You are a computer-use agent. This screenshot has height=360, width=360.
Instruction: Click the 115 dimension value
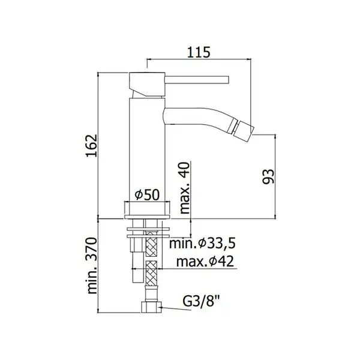[x=199, y=52]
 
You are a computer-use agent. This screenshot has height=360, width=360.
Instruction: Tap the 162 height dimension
[x=92, y=146]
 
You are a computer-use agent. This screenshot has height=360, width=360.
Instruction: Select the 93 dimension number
[x=268, y=176]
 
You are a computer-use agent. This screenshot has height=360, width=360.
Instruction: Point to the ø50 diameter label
[x=147, y=195]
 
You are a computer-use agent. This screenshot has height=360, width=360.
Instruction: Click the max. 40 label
[x=184, y=188]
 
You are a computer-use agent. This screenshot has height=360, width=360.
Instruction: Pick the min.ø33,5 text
[x=203, y=244]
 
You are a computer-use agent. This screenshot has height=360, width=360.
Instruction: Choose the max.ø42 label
[x=205, y=261]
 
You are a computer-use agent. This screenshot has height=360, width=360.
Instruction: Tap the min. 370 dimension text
[x=92, y=266]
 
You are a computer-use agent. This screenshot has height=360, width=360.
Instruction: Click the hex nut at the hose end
[x=151, y=307]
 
